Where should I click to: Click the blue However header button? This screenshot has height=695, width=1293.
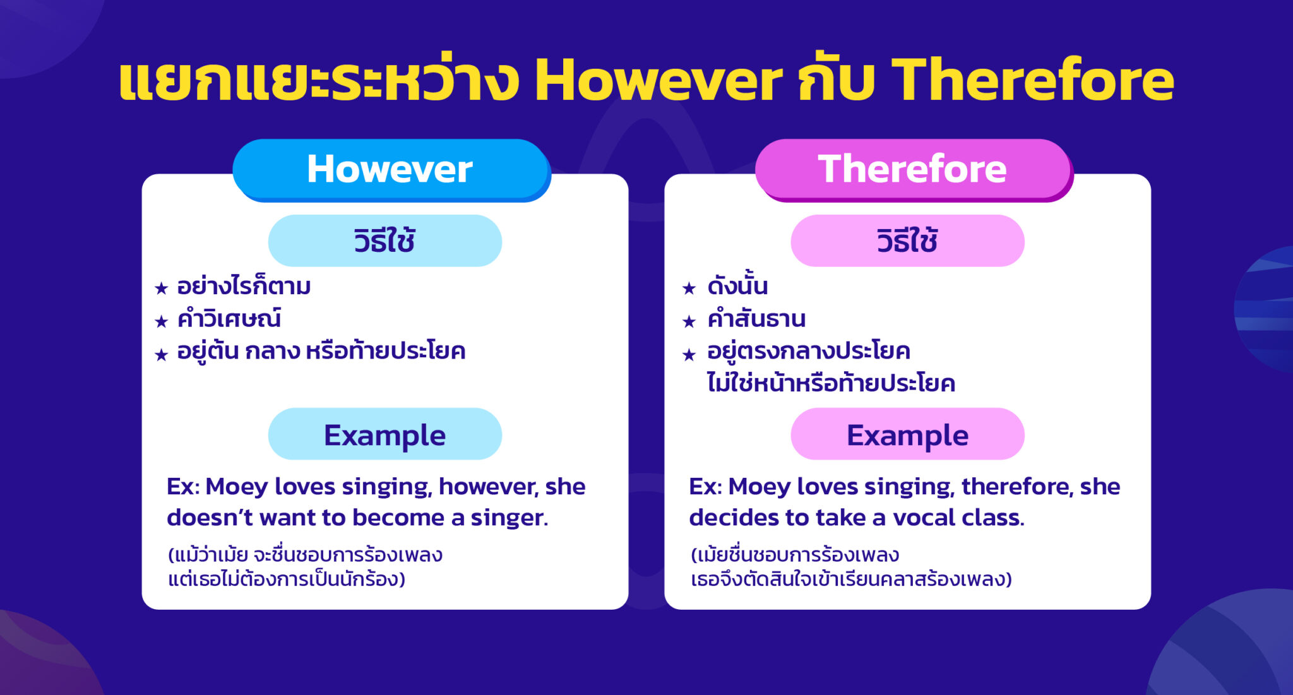[x=391, y=169]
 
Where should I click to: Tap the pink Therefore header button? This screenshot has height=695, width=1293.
[x=913, y=169]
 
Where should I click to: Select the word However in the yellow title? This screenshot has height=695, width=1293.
[x=658, y=81]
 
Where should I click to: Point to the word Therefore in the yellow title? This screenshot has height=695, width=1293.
[x=1032, y=81]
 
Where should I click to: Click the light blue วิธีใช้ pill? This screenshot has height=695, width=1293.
[x=384, y=241]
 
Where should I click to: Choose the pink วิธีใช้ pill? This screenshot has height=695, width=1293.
[x=907, y=241]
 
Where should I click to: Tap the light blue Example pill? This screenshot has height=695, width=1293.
[x=384, y=434]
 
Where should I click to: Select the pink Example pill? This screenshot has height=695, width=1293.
[x=907, y=434]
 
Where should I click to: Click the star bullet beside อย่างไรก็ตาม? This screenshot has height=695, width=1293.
[x=162, y=288]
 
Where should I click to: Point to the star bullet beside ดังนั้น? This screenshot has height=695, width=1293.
[x=689, y=288]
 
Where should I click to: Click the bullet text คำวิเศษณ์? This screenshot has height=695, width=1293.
[x=229, y=319]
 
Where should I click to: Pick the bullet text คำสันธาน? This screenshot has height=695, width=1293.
[x=756, y=319]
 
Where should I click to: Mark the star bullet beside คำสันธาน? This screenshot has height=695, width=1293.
[x=689, y=321]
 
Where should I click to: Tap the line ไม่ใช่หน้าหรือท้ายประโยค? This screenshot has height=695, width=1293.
[x=831, y=383]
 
